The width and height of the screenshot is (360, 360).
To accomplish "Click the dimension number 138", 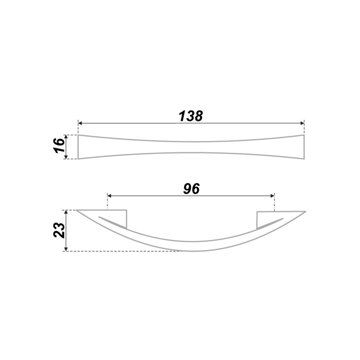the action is (191, 116).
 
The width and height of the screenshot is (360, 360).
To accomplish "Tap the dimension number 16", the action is (59, 145).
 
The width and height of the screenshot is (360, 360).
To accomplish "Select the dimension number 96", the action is (192, 189).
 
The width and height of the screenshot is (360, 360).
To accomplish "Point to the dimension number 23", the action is (59, 230).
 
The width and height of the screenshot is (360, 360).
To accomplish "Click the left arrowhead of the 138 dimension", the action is (80, 123).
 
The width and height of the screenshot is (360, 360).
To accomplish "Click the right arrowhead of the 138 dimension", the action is (302, 123).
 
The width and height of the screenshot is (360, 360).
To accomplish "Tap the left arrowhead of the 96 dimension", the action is (109, 196).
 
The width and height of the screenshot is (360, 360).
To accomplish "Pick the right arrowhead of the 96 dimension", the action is (273, 196).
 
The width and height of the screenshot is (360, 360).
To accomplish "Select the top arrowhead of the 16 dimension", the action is (66, 137).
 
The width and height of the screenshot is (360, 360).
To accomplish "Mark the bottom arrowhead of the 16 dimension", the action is (66, 157).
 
